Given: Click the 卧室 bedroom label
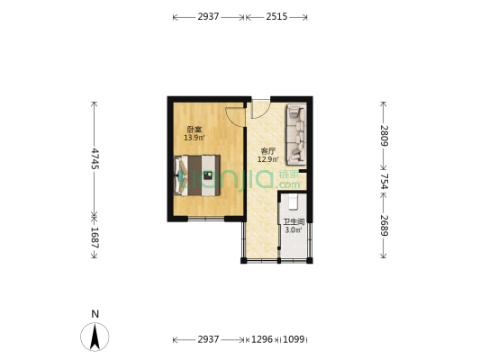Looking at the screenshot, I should (x=194, y=129).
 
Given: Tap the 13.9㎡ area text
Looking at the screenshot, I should (x=194, y=138).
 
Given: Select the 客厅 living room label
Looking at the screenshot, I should (x=267, y=151).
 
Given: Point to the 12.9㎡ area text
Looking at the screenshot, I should (x=267, y=160).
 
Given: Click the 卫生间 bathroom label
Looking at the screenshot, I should (x=294, y=221).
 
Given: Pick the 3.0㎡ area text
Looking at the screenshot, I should (x=293, y=230).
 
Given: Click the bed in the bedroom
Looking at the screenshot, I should (x=197, y=175).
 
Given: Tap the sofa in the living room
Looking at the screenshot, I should (x=296, y=133).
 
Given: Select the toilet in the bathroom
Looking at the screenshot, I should (x=293, y=202).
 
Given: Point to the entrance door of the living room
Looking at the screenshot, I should (x=259, y=108).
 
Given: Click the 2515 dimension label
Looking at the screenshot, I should (x=276, y=17).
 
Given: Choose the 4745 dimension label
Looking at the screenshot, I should (x=95, y=157).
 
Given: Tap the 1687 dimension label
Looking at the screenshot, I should (x=95, y=238).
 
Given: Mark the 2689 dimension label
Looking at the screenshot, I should (x=384, y=226).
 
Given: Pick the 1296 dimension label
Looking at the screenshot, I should (x=263, y=339).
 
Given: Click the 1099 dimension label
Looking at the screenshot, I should (x=294, y=339).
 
